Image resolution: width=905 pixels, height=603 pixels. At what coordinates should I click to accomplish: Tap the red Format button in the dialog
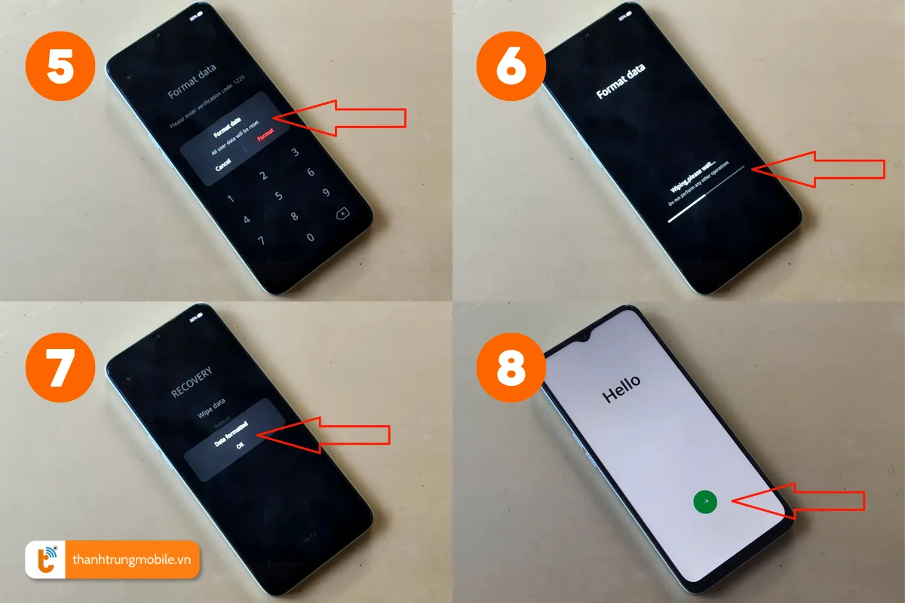point(266,136)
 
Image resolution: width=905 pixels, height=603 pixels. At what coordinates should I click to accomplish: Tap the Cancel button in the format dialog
point(222,164)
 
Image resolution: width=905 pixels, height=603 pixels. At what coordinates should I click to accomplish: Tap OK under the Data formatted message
point(240,445)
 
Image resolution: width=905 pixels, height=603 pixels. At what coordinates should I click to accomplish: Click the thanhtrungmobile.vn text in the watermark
point(133,559)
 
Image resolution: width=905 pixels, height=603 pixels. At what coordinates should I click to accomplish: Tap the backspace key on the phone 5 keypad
point(342,215)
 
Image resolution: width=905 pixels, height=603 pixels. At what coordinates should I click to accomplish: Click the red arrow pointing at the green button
point(799,500)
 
